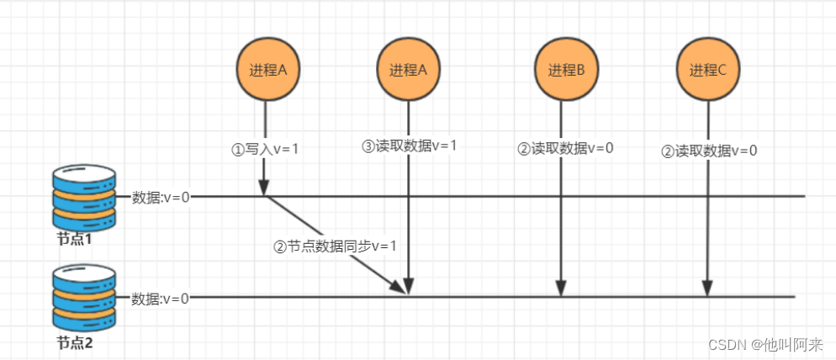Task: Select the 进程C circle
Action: coord(707,71)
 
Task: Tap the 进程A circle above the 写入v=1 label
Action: coord(265,71)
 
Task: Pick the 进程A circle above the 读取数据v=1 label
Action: coord(408,71)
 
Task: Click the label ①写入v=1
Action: coord(265,149)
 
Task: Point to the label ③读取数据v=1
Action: coord(410,146)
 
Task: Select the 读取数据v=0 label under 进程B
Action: coord(565,149)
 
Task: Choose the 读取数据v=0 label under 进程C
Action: coord(709,151)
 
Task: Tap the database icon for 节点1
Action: coord(83,196)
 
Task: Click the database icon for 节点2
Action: coord(83,297)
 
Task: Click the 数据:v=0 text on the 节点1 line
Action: coord(161,198)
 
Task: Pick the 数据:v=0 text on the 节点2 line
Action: coord(161,299)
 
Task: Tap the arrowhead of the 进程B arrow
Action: coord(561,290)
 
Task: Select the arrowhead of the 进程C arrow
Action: coord(707,290)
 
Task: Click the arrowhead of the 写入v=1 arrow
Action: coord(264,188)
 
